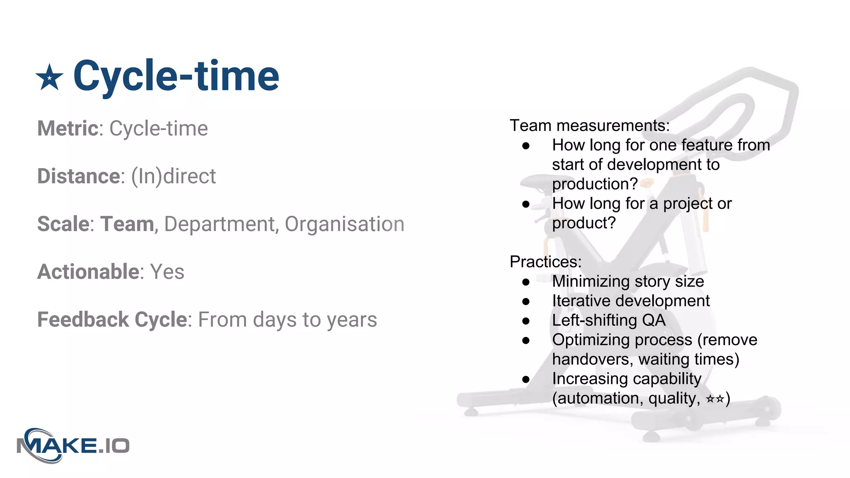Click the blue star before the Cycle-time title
(x=49, y=78)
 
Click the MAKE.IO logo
(x=73, y=446)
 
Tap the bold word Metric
(x=68, y=128)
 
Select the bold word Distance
(x=79, y=176)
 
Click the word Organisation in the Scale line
(x=344, y=224)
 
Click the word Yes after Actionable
(x=167, y=272)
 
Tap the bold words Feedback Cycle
(x=112, y=319)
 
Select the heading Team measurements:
(x=589, y=125)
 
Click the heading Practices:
(x=545, y=262)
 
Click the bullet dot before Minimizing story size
(x=526, y=282)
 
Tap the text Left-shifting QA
(x=608, y=320)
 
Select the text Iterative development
(x=630, y=301)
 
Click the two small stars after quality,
(x=715, y=399)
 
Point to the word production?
(x=594, y=184)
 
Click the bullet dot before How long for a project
(x=526, y=204)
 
